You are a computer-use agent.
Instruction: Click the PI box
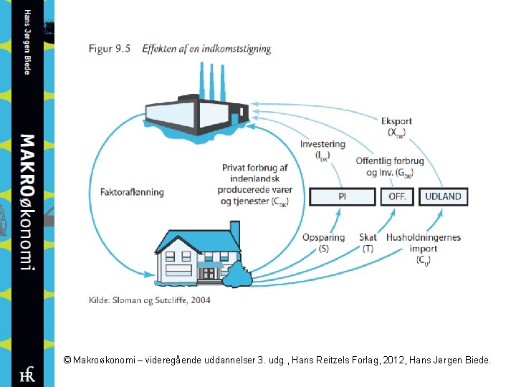point(342,196)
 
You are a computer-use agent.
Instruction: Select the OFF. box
point(397,196)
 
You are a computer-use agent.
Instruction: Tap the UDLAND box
point(443,196)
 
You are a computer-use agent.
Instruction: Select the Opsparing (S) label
point(324,243)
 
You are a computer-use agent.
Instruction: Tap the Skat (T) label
point(368,243)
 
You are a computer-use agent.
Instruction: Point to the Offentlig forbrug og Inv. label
point(390,166)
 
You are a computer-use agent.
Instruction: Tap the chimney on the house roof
point(234,234)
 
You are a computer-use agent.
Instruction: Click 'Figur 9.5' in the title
point(110,49)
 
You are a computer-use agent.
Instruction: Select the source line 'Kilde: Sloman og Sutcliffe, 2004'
point(150,300)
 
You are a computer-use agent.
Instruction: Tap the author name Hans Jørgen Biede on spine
point(27,42)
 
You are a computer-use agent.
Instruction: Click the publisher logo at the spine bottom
point(27,373)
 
